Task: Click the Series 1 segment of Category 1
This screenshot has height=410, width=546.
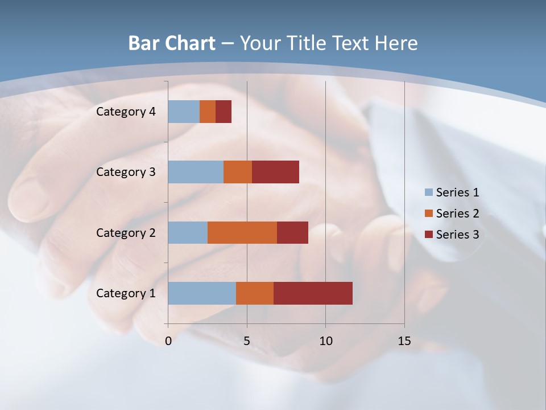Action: click(x=202, y=293)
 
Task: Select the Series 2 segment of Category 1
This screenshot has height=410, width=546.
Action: click(x=255, y=293)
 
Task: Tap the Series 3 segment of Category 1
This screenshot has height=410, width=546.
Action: click(x=313, y=293)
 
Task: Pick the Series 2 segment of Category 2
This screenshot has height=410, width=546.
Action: click(x=242, y=232)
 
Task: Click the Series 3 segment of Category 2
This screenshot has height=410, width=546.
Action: click(x=292, y=232)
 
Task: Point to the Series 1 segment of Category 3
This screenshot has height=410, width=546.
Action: click(x=196, y=172)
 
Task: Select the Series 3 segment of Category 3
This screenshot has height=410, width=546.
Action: click(x=275, y=172)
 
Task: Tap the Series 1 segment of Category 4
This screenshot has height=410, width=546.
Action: click(x=184, y=112)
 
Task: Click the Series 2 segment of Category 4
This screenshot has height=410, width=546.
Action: click(x=208, y=112)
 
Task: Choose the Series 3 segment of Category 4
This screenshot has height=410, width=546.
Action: click(x=224, y=112)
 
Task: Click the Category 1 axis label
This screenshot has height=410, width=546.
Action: click(x=126, y=293)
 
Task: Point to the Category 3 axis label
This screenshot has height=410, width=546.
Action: click(x=126, y=172)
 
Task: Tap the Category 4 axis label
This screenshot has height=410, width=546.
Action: click(x=126, y=112)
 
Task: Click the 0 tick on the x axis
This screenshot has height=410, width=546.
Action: click(x=168, y=341)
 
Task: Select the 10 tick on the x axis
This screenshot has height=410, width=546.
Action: click(x=325, y=341)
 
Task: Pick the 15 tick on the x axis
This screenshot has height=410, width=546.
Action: click(x=404, y=341)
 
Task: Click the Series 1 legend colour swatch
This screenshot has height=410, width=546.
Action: click(x=429, y=192)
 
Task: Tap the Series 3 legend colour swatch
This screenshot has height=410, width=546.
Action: click(x=429, y=235)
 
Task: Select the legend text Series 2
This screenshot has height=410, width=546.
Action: click(x=457, y=214)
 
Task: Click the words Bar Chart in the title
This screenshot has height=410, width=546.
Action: click(x=172, y=43)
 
